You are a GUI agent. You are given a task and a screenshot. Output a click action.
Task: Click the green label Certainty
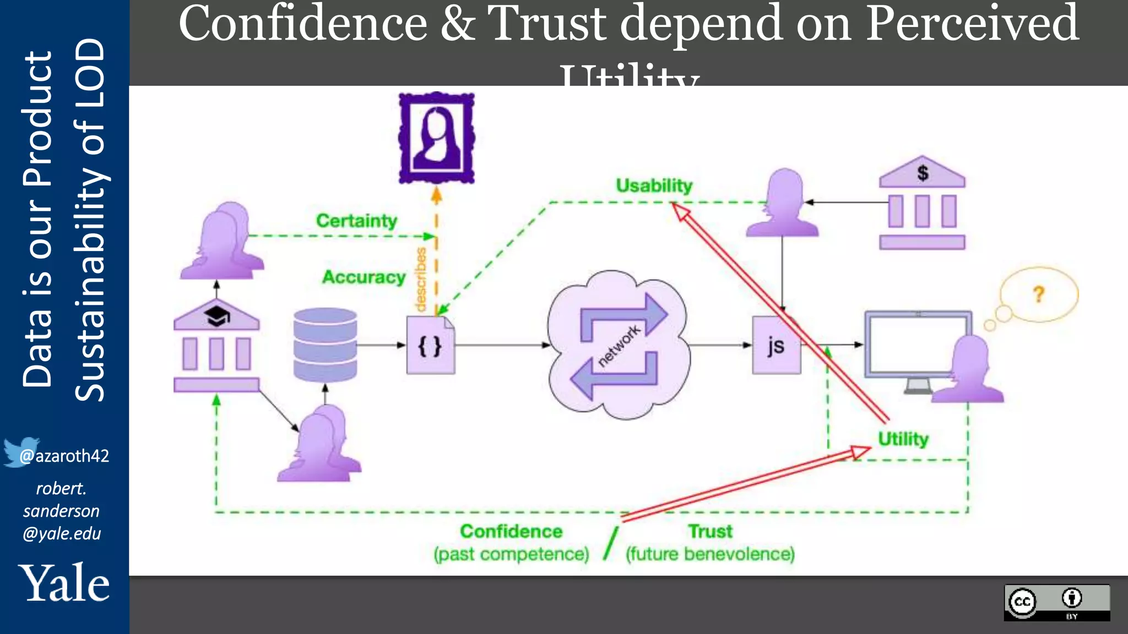click(x=356, y=221)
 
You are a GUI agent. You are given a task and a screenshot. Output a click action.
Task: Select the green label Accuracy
click(x=364, y=277)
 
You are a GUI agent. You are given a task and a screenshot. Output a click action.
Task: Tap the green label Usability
click(x=654, y=186)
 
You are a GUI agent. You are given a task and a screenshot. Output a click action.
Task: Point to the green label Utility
click(x=903, y=439)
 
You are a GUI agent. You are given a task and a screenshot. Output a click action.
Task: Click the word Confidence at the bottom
click(x=511, y=531)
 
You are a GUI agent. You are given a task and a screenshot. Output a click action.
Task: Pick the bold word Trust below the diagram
click(x=710, y=531)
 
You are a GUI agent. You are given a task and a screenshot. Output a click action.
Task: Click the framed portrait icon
click(x=437, y=138)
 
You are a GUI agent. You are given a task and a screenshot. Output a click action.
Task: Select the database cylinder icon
click(x=325, y=345)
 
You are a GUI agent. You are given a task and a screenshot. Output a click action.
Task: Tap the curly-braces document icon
click(x=430, y=346)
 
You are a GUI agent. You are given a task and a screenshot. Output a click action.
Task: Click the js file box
click(x=776, y=346)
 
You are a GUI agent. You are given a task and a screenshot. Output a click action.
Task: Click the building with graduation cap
click(x=216, y=345)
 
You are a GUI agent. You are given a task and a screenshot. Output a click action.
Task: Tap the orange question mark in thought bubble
click(x=1039, y=294)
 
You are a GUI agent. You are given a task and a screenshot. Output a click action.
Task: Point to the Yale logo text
click(x=64, y=583)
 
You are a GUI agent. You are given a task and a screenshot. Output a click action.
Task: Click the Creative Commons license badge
click(x=1056, y=603)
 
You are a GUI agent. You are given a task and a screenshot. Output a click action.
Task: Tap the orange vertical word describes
click(x=421, y=280)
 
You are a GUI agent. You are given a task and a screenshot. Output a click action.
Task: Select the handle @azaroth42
click(x=64, y=456)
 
